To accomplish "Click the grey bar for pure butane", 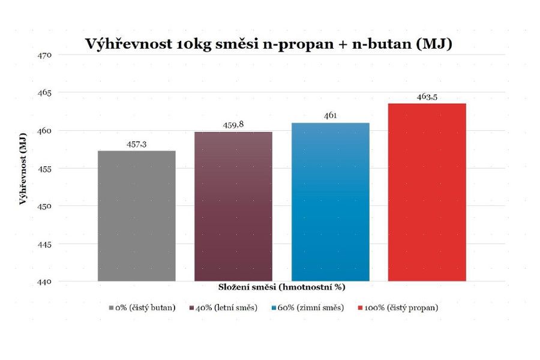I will [x=137, y=216].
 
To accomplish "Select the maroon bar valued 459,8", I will [x=233, y=206].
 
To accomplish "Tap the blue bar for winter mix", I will [x=330, y=202].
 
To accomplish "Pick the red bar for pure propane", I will [x=427, y=192].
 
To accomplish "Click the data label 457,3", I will [x=137, y=145].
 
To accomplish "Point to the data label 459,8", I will [x=233, y=125].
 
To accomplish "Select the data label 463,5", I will [x=427, y=97].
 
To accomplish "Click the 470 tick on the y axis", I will [x=46, y=55].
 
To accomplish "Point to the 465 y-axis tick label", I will [x=46, y=93].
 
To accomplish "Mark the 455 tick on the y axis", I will [x=46, y=169].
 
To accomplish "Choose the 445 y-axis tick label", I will [x=46, y=244].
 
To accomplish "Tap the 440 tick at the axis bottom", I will [x=46, y=281].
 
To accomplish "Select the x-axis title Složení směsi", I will [x=281, y=287].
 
